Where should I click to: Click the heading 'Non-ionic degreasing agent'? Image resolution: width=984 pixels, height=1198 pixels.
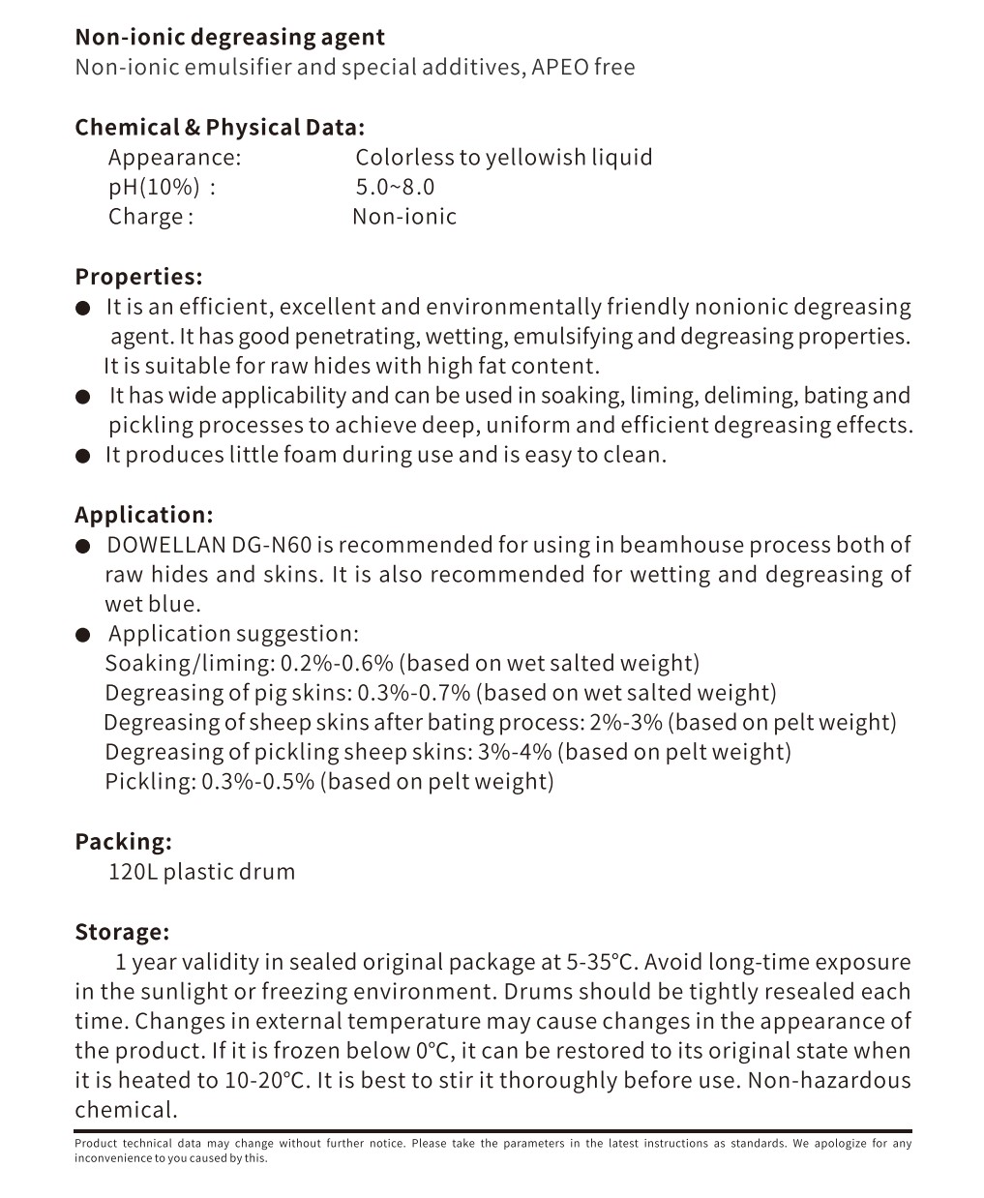pos(229,38)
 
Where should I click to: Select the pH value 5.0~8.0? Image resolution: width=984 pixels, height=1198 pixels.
pos(395,187)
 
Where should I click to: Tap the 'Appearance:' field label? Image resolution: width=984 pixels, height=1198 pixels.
pos(174,158)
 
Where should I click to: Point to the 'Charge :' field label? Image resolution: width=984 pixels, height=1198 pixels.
pos(151,217)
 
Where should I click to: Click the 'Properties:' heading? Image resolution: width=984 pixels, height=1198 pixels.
pos(138,277)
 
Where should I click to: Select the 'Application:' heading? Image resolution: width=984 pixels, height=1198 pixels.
pos(143,515)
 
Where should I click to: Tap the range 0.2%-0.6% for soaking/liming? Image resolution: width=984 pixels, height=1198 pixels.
pos(337,664)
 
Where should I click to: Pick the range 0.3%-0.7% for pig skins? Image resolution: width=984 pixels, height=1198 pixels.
pos(413,693)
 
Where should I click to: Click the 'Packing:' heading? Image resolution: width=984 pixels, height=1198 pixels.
pos(123,842)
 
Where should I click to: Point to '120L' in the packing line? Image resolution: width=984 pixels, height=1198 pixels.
pos(132,872)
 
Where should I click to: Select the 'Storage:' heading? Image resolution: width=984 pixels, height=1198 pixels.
pos(122,932)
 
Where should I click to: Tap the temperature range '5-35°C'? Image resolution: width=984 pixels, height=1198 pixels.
pos(602,962)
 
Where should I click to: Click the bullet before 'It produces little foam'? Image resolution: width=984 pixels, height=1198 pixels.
pos(84,456)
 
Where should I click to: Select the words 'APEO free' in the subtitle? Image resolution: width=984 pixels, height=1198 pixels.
pos(583,68)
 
